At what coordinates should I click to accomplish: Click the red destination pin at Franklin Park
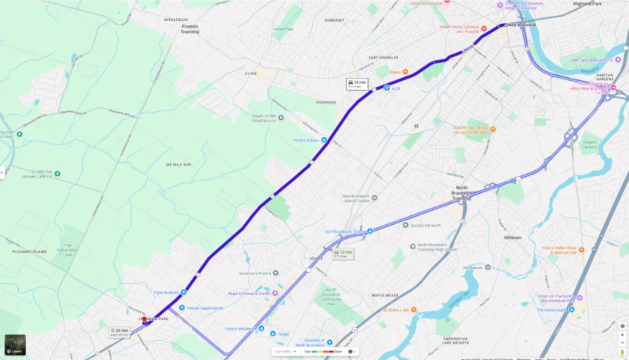pyautogui.click(x=145, y=321)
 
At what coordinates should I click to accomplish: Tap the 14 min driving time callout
pyautogui.click(x=357, y=84)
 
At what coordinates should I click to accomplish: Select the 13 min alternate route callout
pyautogui.click(x=343, y=253)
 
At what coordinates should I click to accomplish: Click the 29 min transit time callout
pyautogui.click(x=120, y=331)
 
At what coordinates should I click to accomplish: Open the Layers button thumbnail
pyautogui.click(x=15, y=345)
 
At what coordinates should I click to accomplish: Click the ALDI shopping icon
pyautogui.click(x=386, y=89)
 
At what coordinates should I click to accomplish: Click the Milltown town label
pyautogui.click(x=512, y=238)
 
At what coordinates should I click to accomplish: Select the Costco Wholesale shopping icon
pyautogui.click(x=261, y=328)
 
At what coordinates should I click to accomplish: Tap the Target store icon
pyautogui.click(x=273, y=334)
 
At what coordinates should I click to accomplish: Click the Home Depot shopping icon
pyautogui.click(x=571, y=310)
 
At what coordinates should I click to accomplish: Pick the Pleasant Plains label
pyautogui.click(x=29, y=251)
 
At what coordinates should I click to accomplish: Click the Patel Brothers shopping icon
pyautogui.click(x=183, y=292)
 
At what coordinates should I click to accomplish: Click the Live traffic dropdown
pyautogui.click(x=286, y=352)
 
